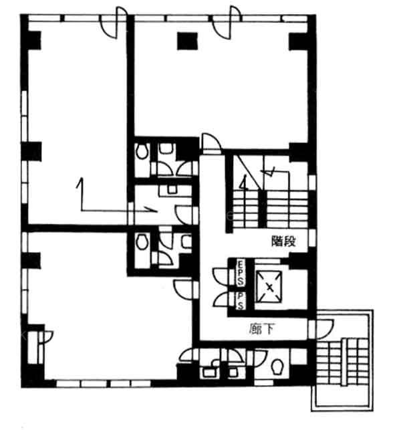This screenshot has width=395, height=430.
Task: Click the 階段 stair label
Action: tap(283, 241)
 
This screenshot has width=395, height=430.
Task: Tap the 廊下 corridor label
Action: tap(262, 329)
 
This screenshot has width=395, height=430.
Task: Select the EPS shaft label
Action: tap(241, 273)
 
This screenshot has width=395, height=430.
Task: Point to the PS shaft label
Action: tap(241, 301)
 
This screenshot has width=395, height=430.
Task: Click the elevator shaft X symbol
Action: tap(269, 287)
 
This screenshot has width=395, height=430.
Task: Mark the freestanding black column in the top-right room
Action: tap(187, 41)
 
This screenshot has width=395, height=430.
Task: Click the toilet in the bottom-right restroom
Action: tap(278, 366)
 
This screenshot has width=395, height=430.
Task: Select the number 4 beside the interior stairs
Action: tap(244, 183)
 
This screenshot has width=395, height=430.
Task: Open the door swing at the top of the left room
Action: tap(114, 23)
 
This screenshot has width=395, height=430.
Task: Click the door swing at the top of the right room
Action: tap(227, 23)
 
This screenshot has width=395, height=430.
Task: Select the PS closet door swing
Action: tap(221, 299)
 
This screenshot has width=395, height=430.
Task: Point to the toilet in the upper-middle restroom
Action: tap(142, 151)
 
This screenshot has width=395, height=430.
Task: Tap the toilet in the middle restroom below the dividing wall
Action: tap(142, 241)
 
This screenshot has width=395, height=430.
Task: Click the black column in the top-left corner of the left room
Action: tap(34, 40)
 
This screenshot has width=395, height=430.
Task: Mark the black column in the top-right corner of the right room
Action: tap(299, 41)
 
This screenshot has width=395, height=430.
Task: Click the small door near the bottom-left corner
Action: tap(45, 337)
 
